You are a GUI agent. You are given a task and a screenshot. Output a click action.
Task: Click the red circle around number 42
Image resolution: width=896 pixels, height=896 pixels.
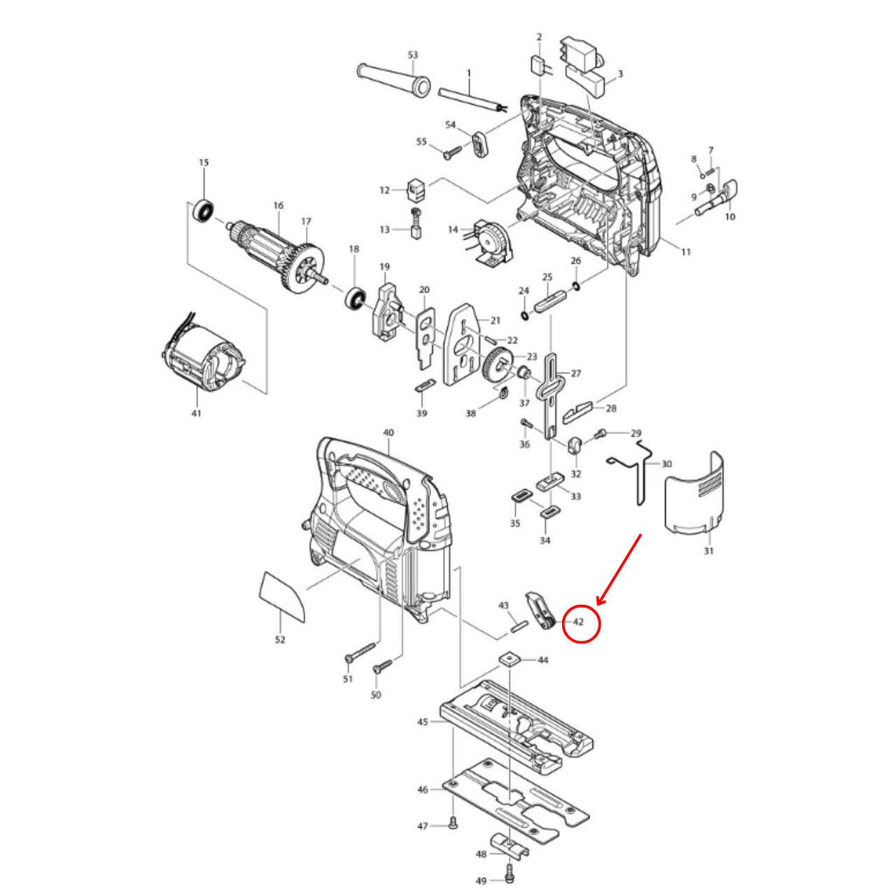(582, 623)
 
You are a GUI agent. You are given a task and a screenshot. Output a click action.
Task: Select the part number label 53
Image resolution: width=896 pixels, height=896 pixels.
(412, 55)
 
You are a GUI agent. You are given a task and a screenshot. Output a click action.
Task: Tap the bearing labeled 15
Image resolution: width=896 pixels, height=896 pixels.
(204, 209)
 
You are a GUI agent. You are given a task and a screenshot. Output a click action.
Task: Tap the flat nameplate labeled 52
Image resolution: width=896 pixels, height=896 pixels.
(282, 596)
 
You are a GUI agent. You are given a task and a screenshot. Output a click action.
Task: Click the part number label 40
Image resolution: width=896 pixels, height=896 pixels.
(388, 433)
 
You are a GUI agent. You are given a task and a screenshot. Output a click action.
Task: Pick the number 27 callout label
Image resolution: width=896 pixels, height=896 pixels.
(576, 373)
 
